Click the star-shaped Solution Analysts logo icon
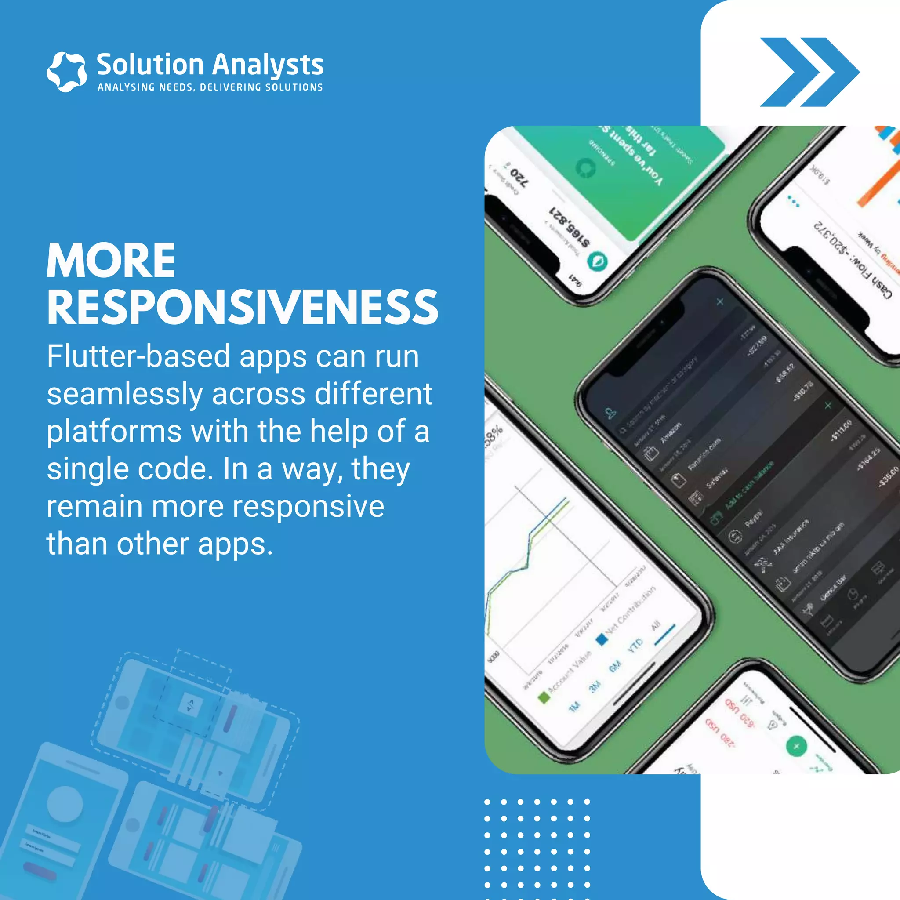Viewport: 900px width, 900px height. coord(67,72)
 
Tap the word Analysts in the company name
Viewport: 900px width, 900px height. coord(268,65)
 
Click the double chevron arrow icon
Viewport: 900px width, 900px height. coord(809,72)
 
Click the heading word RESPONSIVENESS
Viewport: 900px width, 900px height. coord(242,308)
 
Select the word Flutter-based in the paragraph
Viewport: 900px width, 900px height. coord(138,356)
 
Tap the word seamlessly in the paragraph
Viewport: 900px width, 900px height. coord(124,394)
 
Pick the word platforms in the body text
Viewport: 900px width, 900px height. coord(114,432)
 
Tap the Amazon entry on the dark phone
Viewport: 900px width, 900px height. coord(671,433)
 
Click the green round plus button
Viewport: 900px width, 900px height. coord(796,746)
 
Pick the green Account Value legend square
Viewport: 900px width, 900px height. coord(543,697)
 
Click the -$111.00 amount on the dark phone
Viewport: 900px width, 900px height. coord(842,429)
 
